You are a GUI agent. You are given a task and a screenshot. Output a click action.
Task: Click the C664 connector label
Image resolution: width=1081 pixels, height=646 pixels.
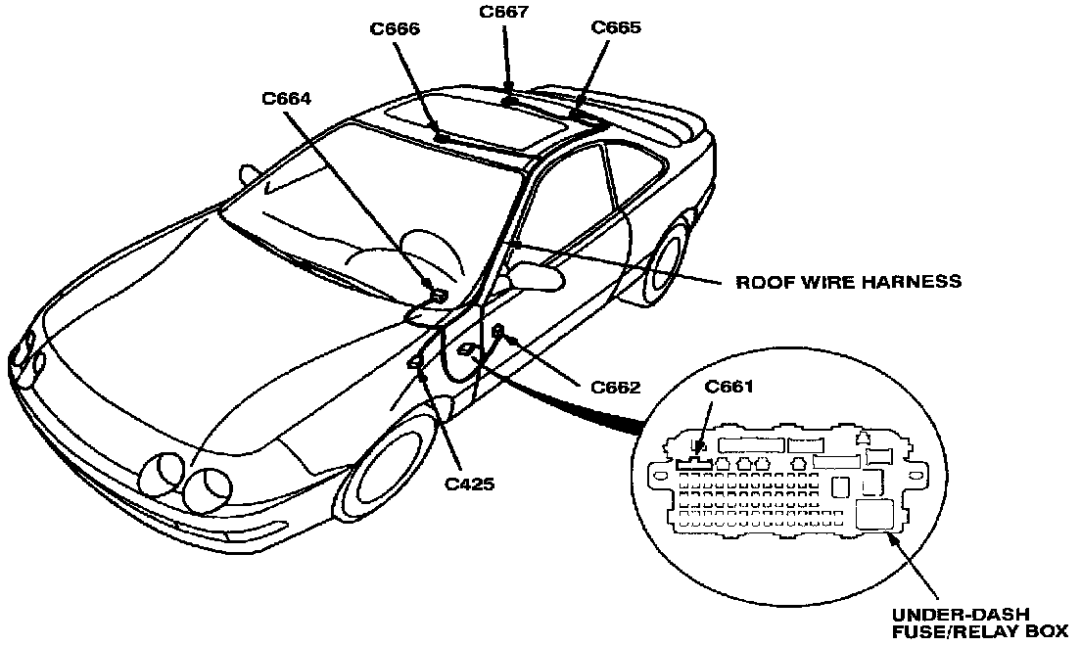(x=287, y=98)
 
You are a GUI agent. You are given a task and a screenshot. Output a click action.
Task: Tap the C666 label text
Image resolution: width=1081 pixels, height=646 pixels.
(x=395, y=29)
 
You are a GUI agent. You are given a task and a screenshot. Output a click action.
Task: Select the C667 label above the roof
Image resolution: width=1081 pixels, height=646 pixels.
(x=504, y=12)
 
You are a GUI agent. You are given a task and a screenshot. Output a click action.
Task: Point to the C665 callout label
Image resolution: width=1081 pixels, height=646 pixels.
(x=616, y=27)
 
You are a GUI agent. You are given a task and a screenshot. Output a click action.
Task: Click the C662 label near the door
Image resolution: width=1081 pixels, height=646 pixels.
(x=615, y=387)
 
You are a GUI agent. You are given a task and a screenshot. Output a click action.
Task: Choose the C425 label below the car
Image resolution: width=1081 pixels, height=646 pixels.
(x=469, y=483)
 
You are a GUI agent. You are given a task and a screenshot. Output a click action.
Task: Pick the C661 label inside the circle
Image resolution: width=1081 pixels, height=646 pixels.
(x=729, y=387)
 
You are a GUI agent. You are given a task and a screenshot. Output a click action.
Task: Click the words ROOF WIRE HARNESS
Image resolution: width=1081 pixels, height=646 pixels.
(x=848, y=282)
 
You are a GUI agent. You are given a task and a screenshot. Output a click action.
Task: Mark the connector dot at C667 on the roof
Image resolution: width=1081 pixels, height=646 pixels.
(x=509, y=100)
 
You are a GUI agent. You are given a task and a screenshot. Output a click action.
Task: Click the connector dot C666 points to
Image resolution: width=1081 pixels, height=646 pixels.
(x=443, y=138)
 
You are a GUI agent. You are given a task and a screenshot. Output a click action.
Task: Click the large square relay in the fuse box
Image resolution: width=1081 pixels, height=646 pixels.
(x=874, y=515)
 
